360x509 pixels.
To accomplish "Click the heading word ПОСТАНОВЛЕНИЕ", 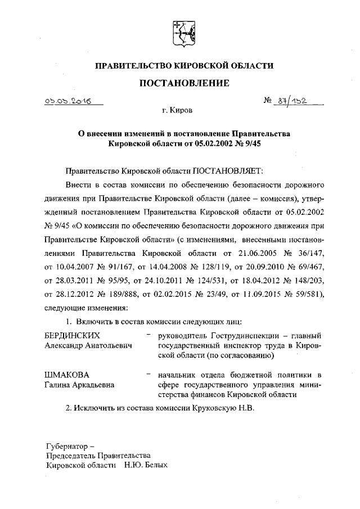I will click(x=184, y=83).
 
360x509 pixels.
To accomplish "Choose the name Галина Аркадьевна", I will click(x=79, y=385).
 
